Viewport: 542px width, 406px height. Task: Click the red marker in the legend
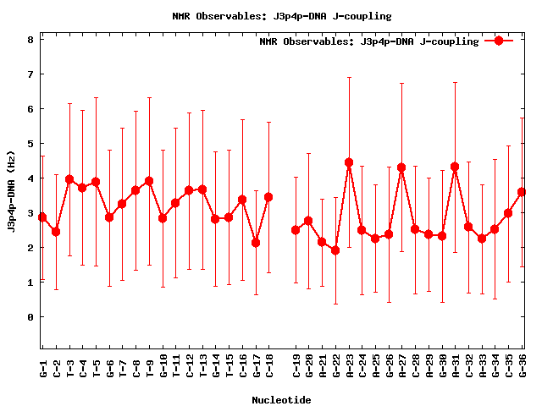pos(499,41)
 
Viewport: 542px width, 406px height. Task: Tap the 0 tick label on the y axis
pos(30,317)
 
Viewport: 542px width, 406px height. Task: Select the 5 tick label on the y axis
pos(30,144)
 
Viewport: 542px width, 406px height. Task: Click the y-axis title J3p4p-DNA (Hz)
pos(12,193)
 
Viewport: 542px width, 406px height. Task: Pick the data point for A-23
pos(349,162)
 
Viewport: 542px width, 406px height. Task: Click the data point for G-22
pos(335,250)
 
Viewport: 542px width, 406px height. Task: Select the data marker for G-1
pos(42,217)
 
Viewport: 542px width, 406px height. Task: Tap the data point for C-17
pos(256,243)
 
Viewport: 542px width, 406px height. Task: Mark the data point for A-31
pos(455,167)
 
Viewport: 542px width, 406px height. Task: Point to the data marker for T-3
pos(69,179)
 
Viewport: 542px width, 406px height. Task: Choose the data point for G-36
pos(522,192)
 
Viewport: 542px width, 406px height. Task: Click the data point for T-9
pos(149,181)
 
